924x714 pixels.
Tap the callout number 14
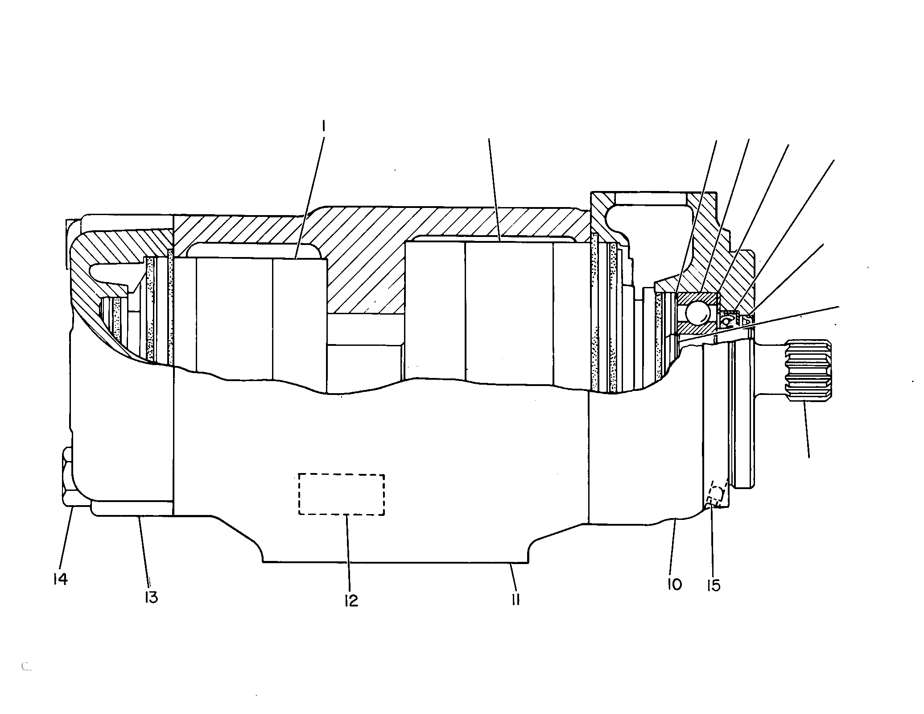pyautogui.click(x=59, y=579)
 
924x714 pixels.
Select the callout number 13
pyautogui.click(x=151, y=597)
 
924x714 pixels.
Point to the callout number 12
pyautogui.click(x=351, y=601)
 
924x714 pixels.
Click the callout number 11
pyautogui.click(x=516, y=600)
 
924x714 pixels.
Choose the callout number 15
pyautogui.click(x=714, y=585)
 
